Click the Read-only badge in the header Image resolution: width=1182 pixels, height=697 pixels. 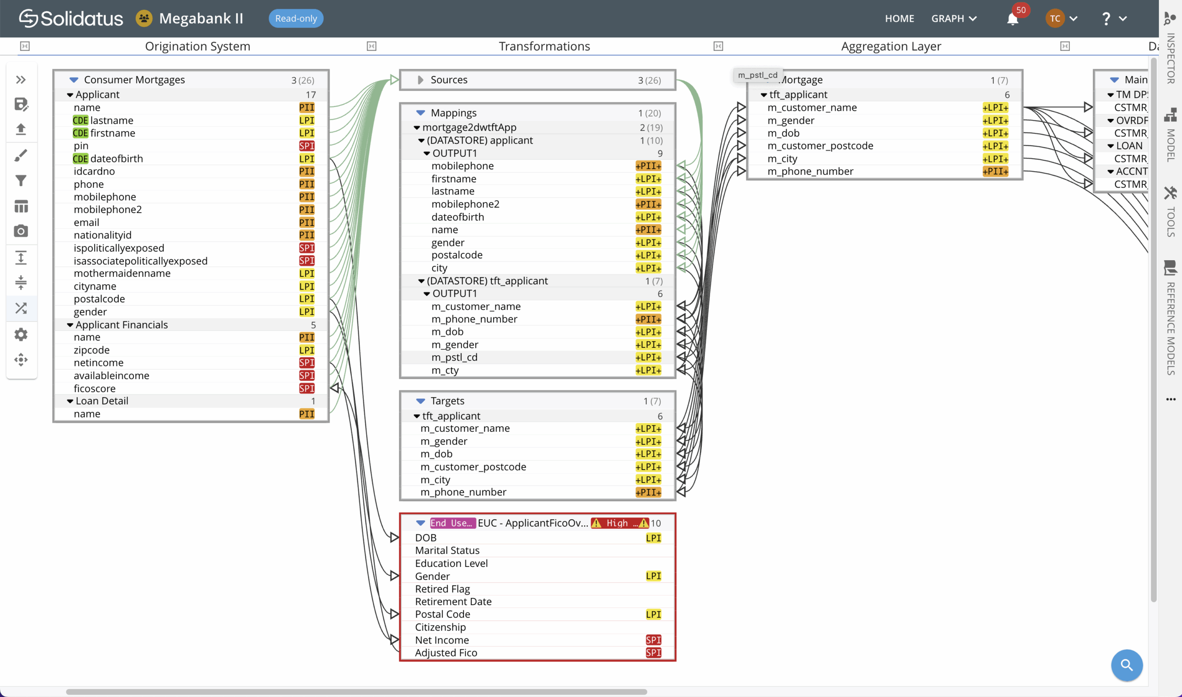(x=296, y=18)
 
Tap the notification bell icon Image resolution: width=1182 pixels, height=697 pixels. (x=1013, y=19)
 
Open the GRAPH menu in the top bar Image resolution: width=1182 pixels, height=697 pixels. (x=953, y=18)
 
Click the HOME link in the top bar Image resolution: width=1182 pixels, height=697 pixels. (x=899, y=18)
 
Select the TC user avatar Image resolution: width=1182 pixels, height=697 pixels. (x=1055, y=18)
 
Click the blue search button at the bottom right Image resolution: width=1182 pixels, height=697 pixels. (x=1126, y=665)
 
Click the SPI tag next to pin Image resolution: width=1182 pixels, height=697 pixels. (x=307, y=146)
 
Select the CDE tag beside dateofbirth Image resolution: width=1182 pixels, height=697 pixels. (x=80, y=159)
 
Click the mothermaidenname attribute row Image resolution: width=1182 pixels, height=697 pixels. (x=122, y=274)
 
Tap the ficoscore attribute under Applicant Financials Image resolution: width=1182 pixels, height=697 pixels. (x=95, y=388)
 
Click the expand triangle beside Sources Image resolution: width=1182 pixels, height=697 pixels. (x=420, y=80)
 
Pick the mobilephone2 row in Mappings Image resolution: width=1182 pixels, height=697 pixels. (x=465, y=204)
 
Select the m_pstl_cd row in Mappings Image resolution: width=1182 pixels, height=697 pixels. (x=454, y=357)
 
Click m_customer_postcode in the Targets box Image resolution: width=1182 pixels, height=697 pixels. (x=473, y=466)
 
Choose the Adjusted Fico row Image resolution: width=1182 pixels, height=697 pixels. (x=446, y=652)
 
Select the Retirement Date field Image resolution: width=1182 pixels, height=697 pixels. (x=453, y=601)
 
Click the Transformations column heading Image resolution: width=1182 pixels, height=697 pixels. (x=544, y=46)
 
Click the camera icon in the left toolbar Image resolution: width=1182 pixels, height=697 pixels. (x=21, y=231)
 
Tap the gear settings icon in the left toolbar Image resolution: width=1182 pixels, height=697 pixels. (x=21, y=334)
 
